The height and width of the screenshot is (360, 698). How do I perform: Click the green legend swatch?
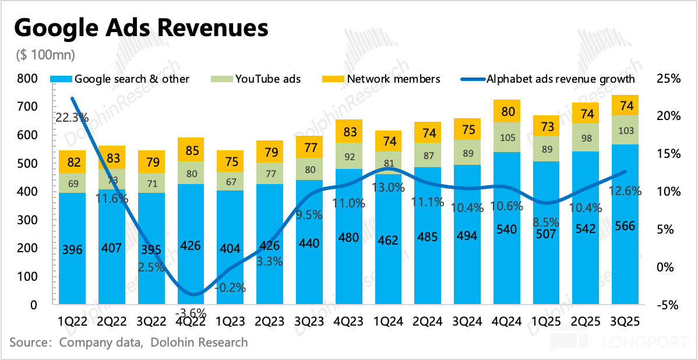click(x=221, y=79)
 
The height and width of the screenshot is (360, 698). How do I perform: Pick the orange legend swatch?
click(x=333, y=79)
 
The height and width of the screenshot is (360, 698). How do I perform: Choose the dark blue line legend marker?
click(x=473, y=79)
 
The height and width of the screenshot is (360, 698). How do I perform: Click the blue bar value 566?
click(x=625, y=227)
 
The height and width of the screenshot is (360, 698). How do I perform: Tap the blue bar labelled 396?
click(x=72, y=250)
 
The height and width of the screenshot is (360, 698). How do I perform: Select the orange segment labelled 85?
click(x=191, y=150)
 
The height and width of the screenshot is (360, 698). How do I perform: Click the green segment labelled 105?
click(x=507, y=137)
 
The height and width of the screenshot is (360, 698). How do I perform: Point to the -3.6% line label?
click(x=191, y=313)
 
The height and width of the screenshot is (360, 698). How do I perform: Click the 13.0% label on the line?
click(x=388, y=188)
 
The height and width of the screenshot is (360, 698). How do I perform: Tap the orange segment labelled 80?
click(x=507, y=111)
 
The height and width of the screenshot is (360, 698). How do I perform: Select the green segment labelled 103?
click(x=625, y=130)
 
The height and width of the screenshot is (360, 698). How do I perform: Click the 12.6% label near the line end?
click(x=625, y=190)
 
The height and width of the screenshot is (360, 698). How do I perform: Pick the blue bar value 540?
click(x=507, y=229)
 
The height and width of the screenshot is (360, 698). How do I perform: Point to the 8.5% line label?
click(x=546, y=222)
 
